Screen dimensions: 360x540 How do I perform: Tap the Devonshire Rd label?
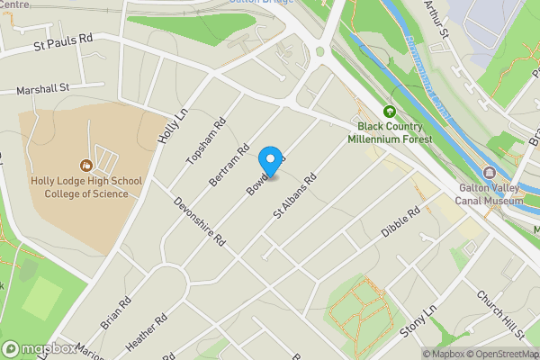click(200, 223)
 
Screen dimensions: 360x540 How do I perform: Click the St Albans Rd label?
click(297, 199)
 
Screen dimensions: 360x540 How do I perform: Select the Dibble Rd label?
click(400, 221)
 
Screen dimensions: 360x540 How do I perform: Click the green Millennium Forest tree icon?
click(390, 112)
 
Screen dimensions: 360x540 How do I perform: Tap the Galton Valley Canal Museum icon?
click(490, 173)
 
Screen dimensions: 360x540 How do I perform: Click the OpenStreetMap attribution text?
click(500, 353)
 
